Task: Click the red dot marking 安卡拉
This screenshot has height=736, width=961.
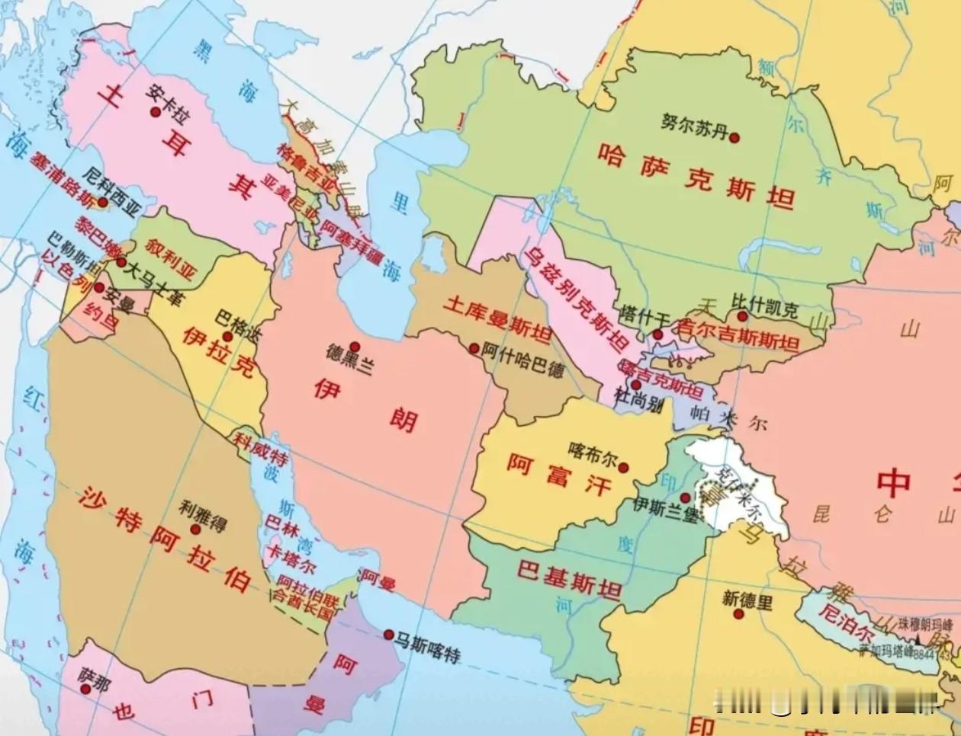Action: [156, 112]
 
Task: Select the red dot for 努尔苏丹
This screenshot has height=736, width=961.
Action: [734, 138]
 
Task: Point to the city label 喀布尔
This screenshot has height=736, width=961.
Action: [593, 454]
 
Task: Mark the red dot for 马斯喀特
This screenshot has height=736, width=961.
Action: [389, 635]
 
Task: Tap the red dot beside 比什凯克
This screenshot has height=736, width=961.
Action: [741, 316]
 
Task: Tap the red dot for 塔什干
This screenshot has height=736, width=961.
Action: [657, 334]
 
